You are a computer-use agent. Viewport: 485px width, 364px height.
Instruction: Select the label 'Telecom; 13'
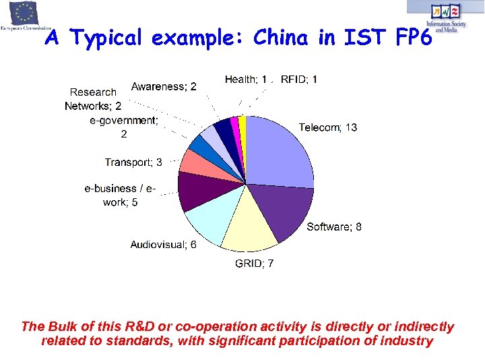click(328, 127)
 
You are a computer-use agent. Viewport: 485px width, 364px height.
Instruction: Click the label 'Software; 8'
click(334, 227)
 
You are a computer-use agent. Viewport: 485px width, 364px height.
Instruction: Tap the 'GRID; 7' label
click(254, 264)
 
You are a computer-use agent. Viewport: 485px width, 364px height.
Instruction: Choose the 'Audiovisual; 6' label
click(164, 245)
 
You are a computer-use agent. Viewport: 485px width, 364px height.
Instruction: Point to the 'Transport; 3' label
click(133, 162)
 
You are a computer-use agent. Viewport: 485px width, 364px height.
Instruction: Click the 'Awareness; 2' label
click(164, 86)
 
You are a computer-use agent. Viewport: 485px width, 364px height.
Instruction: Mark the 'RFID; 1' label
click(299, 80)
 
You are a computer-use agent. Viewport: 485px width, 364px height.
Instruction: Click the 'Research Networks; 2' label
click(94, 99)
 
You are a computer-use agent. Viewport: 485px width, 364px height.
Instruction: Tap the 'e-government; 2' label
click(124, 127)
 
